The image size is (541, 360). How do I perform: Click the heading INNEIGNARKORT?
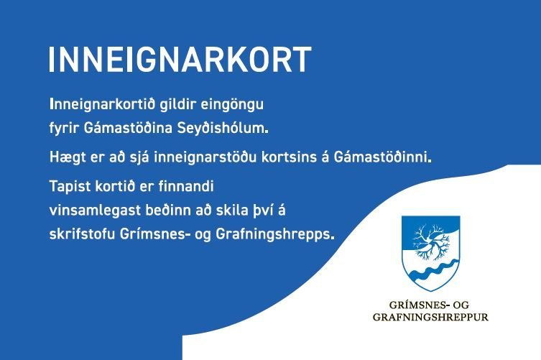pos(180,60)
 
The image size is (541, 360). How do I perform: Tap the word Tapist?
pos(68,184)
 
